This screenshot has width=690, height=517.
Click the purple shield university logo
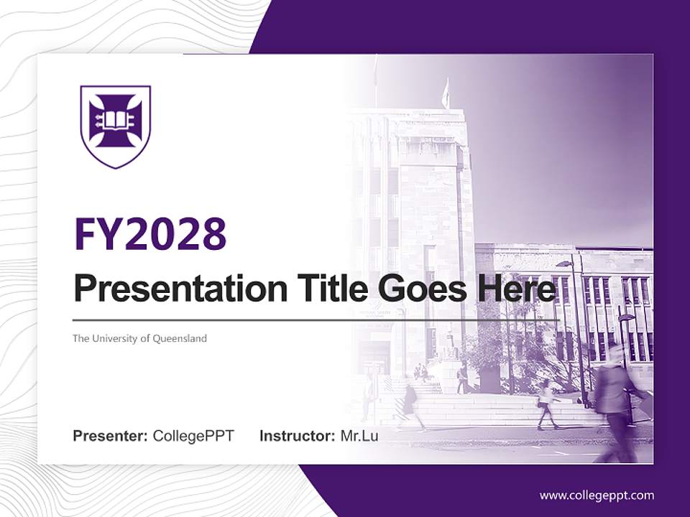115,126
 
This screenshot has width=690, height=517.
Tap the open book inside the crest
115,119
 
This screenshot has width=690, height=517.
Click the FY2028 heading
150,233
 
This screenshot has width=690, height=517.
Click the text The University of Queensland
139,338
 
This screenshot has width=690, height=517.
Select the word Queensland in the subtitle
179,338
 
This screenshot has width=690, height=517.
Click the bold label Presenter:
111,436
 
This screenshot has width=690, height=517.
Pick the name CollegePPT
193,436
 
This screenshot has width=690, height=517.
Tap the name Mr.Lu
359,436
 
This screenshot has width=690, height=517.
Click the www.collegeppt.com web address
597,495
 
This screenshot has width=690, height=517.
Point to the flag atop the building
446,93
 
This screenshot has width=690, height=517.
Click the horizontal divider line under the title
316,320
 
